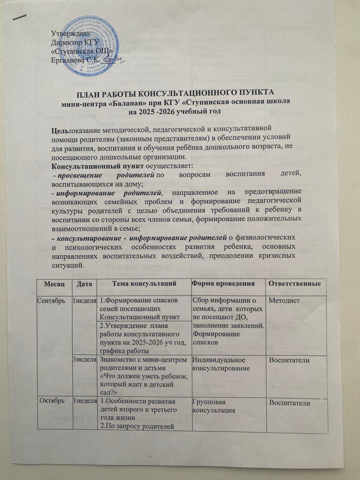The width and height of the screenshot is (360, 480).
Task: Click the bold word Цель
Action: click(x=61, y=130)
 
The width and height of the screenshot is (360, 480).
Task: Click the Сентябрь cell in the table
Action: click(x=52, y=300)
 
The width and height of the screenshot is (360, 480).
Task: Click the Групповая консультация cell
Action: click(x=213, y=406)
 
